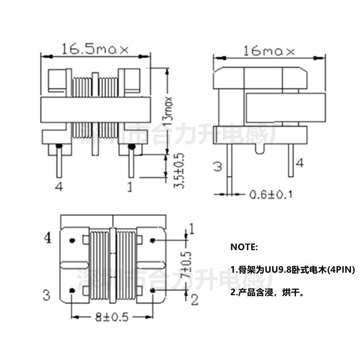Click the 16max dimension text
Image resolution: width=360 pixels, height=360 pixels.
[x=269, y=51]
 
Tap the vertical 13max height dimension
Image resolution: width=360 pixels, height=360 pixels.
[x=168, y=110]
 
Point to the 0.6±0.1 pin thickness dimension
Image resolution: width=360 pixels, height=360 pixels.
[x=270, y=194]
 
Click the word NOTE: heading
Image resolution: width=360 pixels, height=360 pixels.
[x=244, y=247]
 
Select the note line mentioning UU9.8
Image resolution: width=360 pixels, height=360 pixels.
[x=292, y=270]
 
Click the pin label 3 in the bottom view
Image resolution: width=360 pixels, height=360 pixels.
[x=46, y=295]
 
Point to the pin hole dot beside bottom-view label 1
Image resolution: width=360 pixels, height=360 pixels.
[x=154, y=240]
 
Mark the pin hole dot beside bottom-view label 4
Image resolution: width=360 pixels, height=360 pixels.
[x=72, y=241]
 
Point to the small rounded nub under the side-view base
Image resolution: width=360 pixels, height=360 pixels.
[x=259, y=148]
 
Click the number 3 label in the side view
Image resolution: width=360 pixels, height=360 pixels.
[x=217, y=166]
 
